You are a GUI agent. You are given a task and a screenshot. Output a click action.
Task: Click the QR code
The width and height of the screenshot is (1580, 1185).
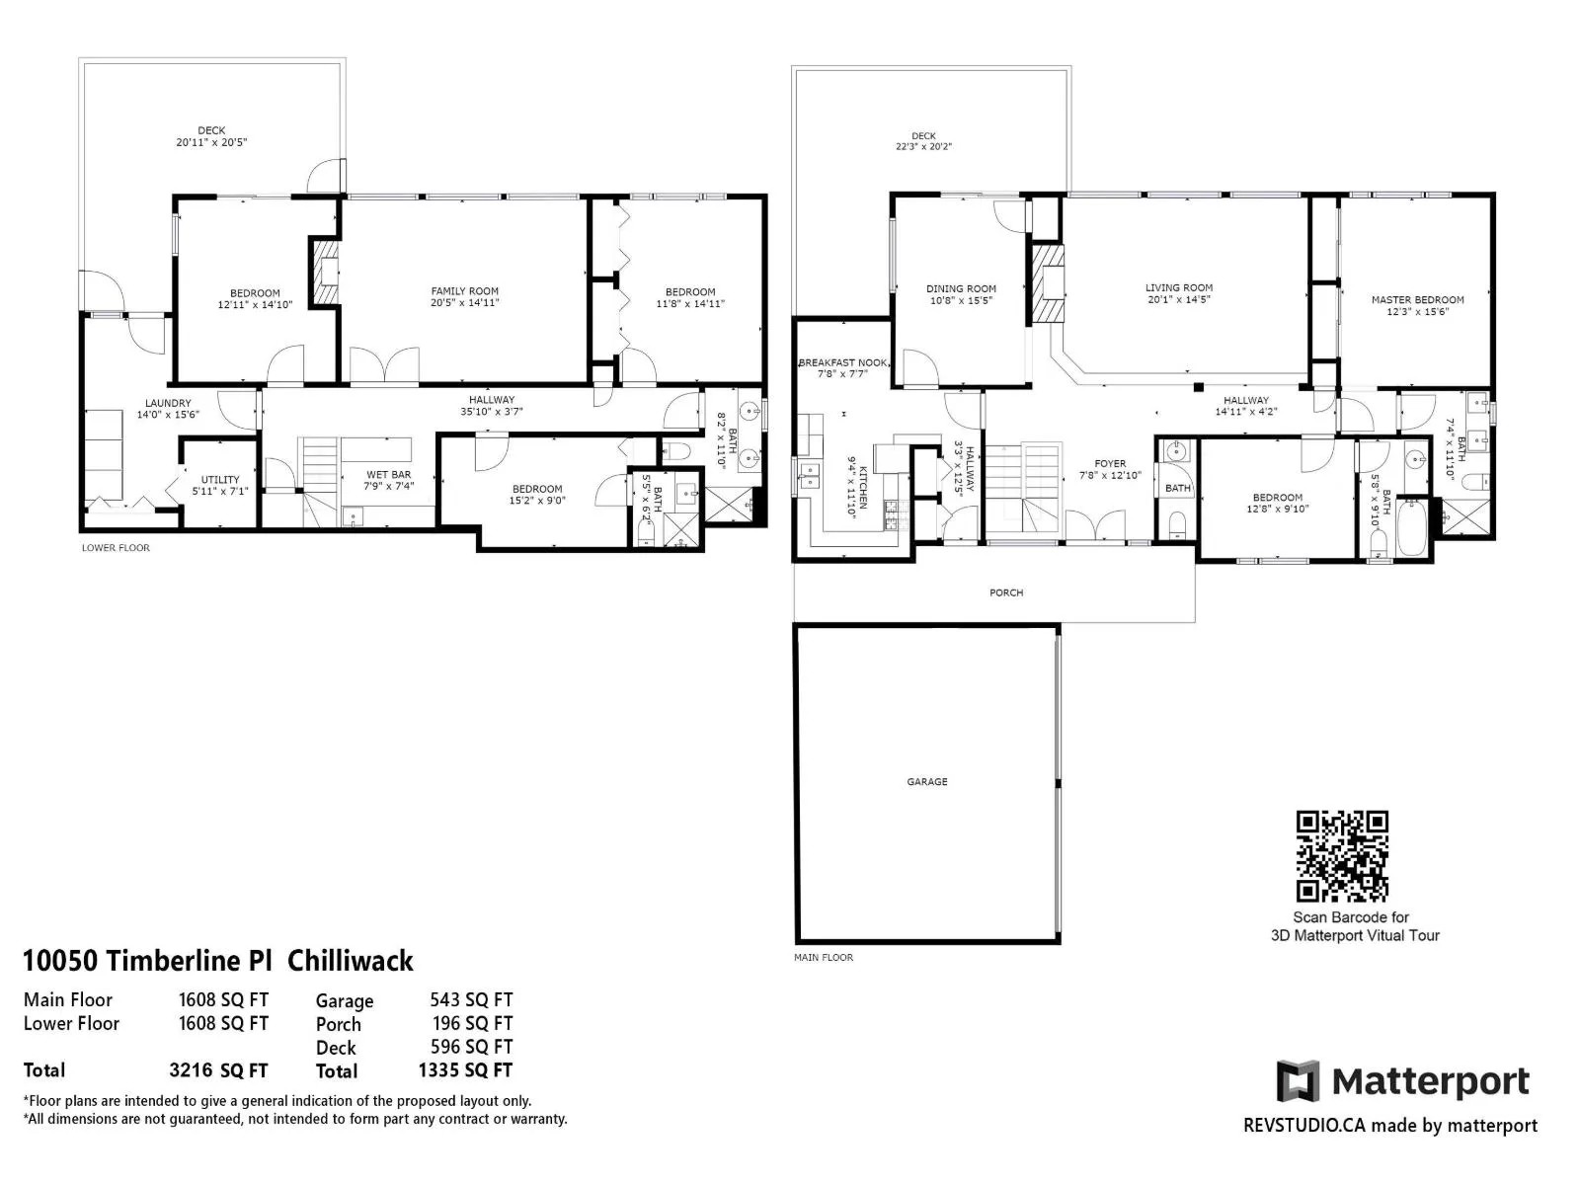pyautogui.click(x=1342, y=855)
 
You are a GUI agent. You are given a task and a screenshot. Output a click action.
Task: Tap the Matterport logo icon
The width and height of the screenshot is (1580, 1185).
pyautogui.click(x=1298, y=1080)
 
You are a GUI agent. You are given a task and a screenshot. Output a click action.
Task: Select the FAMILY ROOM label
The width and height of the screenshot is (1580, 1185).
pyautogui.click(x=464, y=291)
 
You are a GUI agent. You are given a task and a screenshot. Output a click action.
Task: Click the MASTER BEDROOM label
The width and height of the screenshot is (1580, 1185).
pyautogui.click(x=1417, y=300)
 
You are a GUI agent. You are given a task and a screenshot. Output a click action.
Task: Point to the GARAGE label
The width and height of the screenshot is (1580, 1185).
pyautogui.click(x=927, y=781)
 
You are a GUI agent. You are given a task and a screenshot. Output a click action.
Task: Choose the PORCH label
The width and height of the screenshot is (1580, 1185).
pyautogui.click(x=1006, y=592)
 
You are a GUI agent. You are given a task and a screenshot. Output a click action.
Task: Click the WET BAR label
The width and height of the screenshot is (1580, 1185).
pyautogui.click(x=389, y=475)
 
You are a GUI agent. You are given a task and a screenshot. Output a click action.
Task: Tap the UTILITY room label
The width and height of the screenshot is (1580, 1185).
pyautogui.click(x=220, y=480)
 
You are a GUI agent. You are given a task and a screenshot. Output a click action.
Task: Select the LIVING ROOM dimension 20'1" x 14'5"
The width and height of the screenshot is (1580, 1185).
pyautogui.click(x=1179, y=299)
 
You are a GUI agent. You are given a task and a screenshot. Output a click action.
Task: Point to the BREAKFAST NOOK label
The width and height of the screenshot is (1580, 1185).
pyautogui.click(x=843, y=362)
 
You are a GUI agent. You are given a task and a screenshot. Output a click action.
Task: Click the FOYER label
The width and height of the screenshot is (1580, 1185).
pyautogui.click(x=1110, y=464)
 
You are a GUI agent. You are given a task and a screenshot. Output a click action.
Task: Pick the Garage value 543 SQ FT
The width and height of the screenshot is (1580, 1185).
pyautogui.click(x=471, y=1000)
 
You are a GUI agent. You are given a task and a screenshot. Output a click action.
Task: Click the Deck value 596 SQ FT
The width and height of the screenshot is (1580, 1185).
pyautogui.click(x=471, y=1047)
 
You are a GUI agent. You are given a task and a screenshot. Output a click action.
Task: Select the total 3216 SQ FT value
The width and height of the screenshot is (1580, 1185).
pyautogui.click(x=219, y=1070)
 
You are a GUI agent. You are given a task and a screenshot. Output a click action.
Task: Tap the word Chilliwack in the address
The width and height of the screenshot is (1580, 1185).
pyautogui.click(x=351, y=961)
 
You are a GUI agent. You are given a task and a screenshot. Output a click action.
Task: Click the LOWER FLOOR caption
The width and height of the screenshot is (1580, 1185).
pyautogui.click(x=116, y=547)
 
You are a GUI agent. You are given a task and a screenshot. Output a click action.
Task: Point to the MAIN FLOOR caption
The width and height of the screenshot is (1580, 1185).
pyautogui.click(x=824, y=957)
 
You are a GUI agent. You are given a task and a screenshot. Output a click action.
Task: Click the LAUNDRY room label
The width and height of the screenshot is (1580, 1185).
pyautogui.click(x=168, y=404)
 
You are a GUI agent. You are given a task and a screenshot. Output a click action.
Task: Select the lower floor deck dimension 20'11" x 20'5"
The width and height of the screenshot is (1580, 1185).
pyautogui.click(x=211, y=142)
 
